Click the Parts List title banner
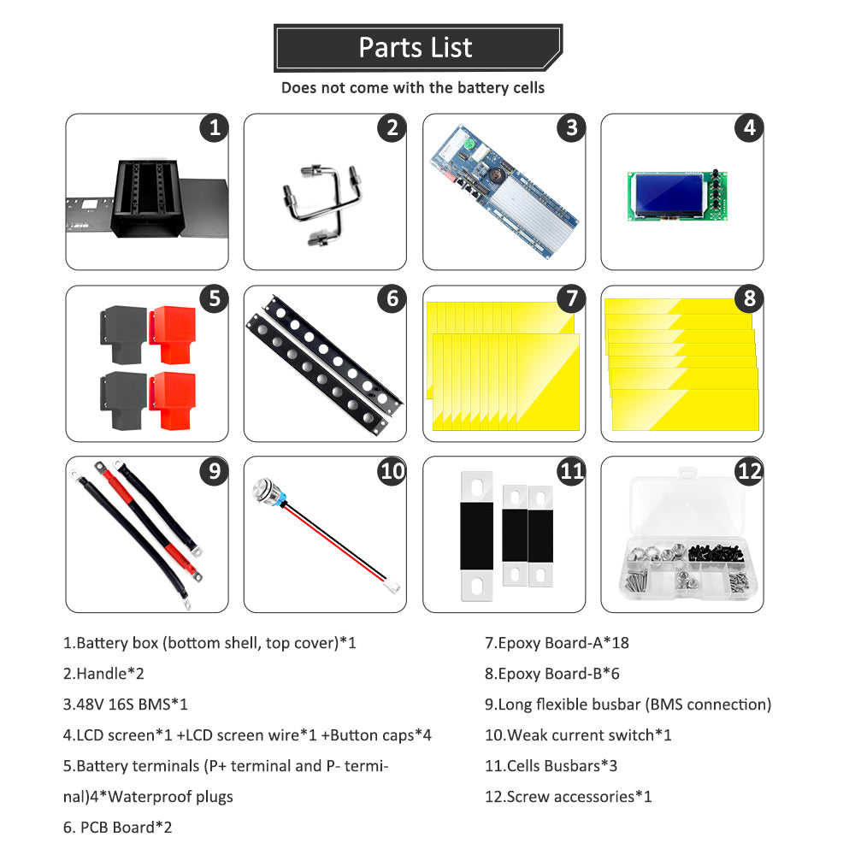[x=417, y=48]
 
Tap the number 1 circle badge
[x=215, y=128]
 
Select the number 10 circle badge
[x=392, y=470]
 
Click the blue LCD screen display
[x=664, y=196]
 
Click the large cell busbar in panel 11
[x=476, y=535]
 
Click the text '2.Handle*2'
[x=103, y=674]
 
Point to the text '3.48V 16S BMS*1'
[x=126, y=705]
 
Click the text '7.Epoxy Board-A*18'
[x=557, y=643]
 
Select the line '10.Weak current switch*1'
[x=578, y=735]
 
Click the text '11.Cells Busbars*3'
[x=557, y=766]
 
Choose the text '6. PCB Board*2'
[x=119, y=828]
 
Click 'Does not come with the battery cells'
[x=413, y=88]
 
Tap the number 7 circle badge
[x=570, y=299]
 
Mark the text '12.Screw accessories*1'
[x=569, y=797]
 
